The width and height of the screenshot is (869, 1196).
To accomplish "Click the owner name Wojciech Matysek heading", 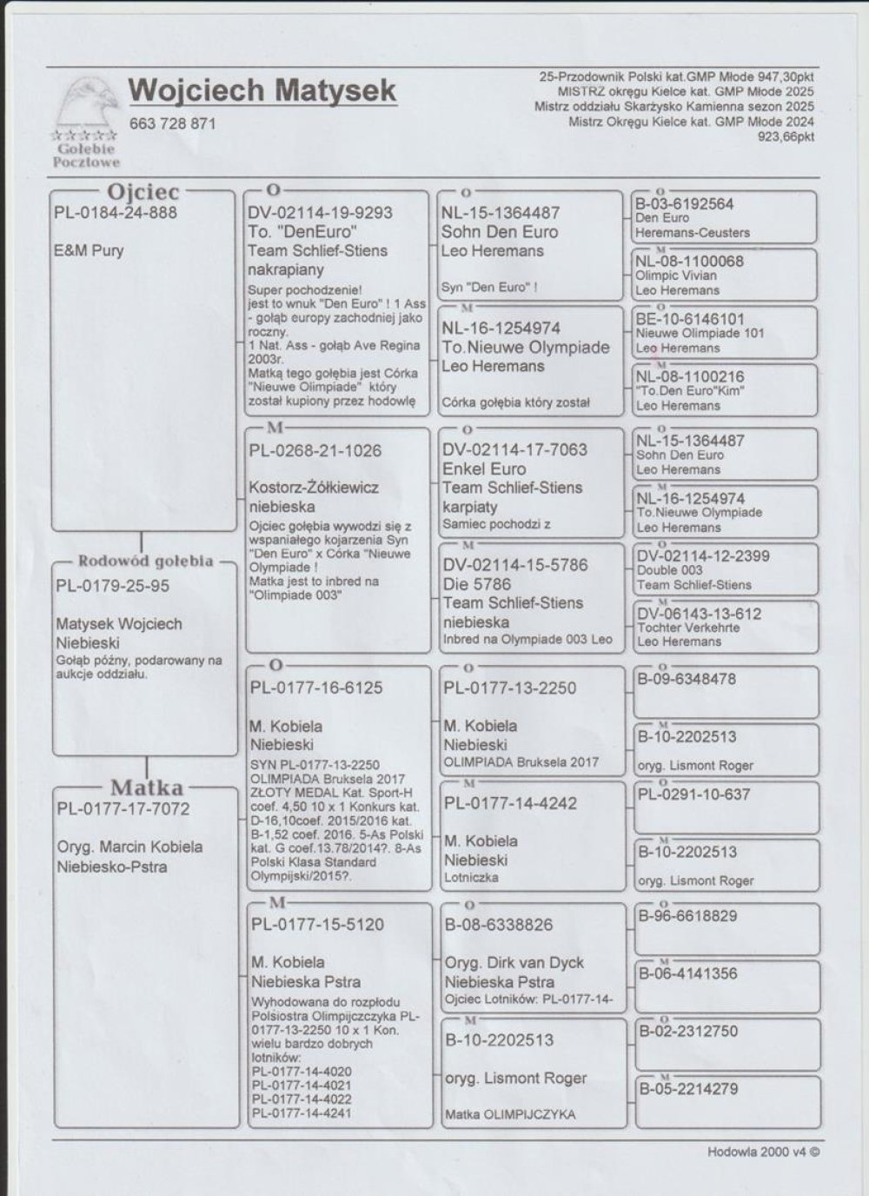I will [262, 90].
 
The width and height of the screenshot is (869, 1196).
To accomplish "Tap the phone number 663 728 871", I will [172, 123].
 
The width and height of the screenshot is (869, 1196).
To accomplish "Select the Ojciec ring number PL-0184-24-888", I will [116, 213].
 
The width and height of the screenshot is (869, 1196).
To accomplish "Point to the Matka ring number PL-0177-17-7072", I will [123, 809].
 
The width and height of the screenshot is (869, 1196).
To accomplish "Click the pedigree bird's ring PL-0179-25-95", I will [113, 586].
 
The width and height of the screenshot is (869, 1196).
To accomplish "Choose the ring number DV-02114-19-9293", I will [320, 213].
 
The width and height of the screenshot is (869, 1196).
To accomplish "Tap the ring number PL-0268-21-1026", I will [315, 450].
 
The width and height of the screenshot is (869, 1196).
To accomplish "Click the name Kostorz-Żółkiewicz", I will [314, 488].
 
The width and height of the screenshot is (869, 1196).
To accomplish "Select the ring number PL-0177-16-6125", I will [316, 688].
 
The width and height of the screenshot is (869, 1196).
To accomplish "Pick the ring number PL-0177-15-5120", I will [317, 925].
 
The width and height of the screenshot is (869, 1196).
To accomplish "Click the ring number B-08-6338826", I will [498, 925].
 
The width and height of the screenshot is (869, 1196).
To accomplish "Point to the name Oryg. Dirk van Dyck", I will [514, 963].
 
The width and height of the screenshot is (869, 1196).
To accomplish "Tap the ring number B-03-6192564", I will [684, 204].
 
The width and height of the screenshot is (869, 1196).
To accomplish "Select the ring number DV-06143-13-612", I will [699, 614].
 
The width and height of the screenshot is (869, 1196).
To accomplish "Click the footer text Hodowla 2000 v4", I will [762, 1152].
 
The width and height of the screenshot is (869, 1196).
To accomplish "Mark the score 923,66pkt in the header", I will [786, 136].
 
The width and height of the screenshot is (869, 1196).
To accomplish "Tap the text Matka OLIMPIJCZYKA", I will [509, 1114].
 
